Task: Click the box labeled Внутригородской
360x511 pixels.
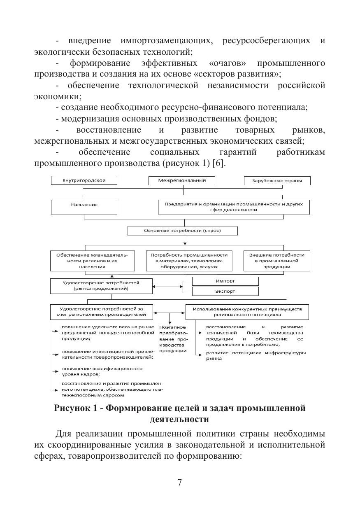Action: click(x=84, y=180)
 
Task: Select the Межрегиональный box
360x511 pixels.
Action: click(x=182, y=180)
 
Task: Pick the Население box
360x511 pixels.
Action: click(x=84, y=206)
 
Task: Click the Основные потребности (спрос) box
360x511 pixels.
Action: click(x=182, y=231)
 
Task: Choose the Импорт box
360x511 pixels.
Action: click(x=225, y=281)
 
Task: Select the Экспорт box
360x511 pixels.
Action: click(x=225, y=291)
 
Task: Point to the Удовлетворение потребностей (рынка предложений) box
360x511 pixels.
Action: click(x=101, y=286)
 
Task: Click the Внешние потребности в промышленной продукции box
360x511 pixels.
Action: click(x=276, y=261)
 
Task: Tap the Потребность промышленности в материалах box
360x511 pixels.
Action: click(x=189, y=261)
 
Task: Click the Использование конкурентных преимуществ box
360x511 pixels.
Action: click(x=247, y=312)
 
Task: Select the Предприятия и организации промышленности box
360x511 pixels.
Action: click(x=233, y=207)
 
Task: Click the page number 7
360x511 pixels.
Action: click(x=180, y=483)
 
